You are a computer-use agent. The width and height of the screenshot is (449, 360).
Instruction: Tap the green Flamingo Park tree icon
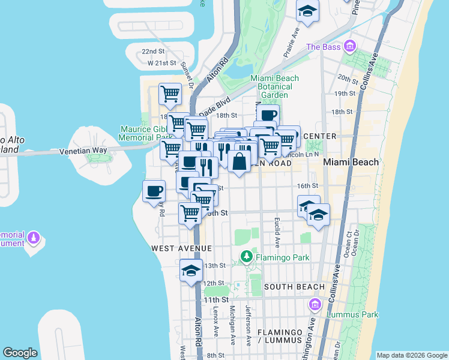[246, 257]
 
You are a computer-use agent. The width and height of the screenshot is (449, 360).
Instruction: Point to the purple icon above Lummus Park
[314, 305]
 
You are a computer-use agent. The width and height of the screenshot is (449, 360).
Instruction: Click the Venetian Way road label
[83, 151]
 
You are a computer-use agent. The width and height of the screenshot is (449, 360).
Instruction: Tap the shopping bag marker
[239, 161]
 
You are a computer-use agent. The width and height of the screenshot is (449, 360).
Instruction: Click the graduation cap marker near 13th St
[191, 270]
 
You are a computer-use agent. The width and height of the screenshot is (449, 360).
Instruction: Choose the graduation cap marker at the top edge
[307, 11]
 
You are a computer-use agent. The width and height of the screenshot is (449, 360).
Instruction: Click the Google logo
[20, 353]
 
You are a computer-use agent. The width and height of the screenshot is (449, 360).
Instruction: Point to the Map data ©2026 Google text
[411, 355]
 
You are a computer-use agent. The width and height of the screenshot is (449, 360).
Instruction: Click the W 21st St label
[161, 63]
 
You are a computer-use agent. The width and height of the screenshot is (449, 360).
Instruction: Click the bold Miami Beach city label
[351, 162]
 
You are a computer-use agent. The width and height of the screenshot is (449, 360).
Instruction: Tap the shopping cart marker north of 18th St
[170, 94]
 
